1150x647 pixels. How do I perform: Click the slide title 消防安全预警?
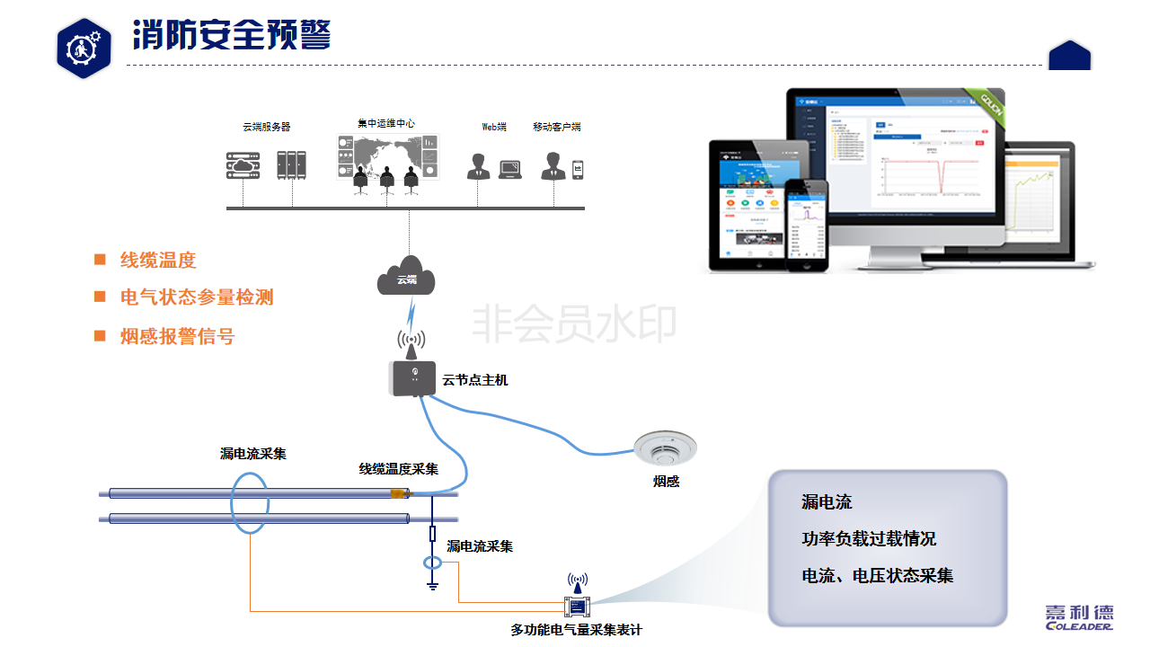[x=232, y=35]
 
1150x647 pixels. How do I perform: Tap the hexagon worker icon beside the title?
[x=84, y=48]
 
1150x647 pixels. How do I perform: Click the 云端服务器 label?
[x=267, y=127]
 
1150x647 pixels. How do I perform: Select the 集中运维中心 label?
[x=386, y=123]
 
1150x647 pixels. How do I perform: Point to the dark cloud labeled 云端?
[x=407, y=277]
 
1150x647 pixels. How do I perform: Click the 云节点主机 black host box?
[x=414, y=377]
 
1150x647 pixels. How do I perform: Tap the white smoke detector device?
[x=664, y=447]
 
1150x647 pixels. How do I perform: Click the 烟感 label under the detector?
[x=666, y=482]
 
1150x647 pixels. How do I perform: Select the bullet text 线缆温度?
[x=158, y=261]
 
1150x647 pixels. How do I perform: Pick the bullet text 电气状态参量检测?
[x=197, y=297]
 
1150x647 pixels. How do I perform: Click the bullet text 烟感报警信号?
[x=177, y=336]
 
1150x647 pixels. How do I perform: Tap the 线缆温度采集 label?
[x=399, y=469]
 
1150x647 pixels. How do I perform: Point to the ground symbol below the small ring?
[x=432, y=586]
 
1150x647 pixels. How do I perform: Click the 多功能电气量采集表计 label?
[x=576, y=630]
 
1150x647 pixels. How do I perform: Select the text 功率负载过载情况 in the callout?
[x=869, y=538]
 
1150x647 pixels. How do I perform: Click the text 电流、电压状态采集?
[x=877, y=576]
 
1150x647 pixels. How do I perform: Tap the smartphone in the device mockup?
[x=806, y=224]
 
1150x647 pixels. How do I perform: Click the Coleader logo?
[x=1079, y=617]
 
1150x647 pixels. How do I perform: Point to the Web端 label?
[x=494, y=127]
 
